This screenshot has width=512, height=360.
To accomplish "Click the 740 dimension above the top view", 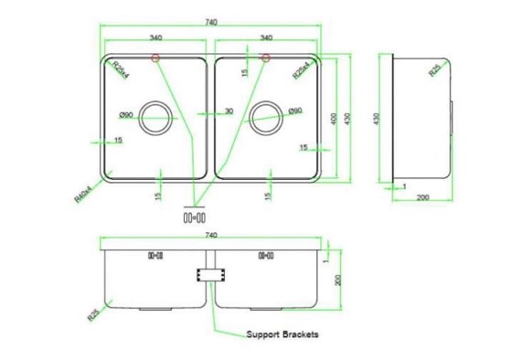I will (x=212, y=22).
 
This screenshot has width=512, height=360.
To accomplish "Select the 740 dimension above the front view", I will (x=212, y=236).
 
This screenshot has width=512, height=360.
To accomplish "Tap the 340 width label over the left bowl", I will (x=155, y=38).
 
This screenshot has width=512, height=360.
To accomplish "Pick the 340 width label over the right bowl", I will (x=267, y=38).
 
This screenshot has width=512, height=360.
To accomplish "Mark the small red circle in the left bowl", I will (x=156, y=59).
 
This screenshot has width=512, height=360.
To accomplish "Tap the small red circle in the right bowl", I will (x=265, y=59).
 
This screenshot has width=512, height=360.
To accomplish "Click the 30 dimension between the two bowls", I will (x=229, y=111).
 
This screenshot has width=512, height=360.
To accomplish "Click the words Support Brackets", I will (x=283, y=335).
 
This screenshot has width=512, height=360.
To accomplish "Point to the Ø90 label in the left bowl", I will (x=127, y=114).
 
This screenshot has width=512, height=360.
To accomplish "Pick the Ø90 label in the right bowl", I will (x=294, y=111).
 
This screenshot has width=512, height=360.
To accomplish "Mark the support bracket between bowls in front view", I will (x=211, y=274).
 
